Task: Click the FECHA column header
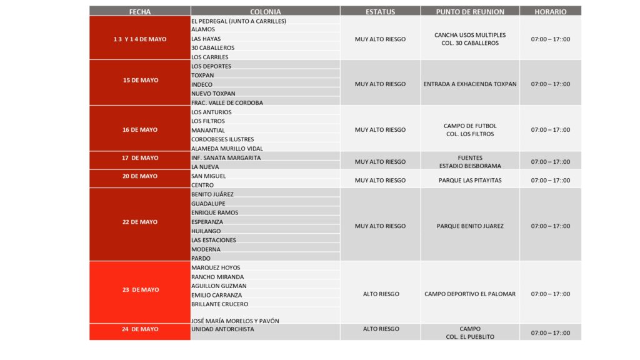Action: point(139,11)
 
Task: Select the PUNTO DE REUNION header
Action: point(469,11)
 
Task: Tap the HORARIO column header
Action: point(550,11)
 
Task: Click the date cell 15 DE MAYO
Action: point(140,81)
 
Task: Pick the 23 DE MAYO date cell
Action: point(140,290)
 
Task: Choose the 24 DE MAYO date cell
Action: point(140,329)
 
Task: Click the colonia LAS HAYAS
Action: point(206,39)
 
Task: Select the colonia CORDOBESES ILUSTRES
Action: point(222,139)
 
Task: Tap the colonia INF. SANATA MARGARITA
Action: point(226,158)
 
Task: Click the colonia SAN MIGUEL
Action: point(208,176)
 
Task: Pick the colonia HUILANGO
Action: point(207,231)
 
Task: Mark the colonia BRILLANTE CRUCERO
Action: point(219,304)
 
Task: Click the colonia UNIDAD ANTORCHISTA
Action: point(222,329)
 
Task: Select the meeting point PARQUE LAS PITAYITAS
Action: point(469,181)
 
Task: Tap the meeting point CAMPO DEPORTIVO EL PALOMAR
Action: point(469,294)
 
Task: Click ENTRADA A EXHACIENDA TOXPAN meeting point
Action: point(469,84)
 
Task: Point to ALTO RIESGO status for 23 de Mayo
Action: point(381,294)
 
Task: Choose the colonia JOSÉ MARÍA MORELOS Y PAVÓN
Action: point(235,321)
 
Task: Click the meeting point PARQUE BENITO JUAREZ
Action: point(469,226)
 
